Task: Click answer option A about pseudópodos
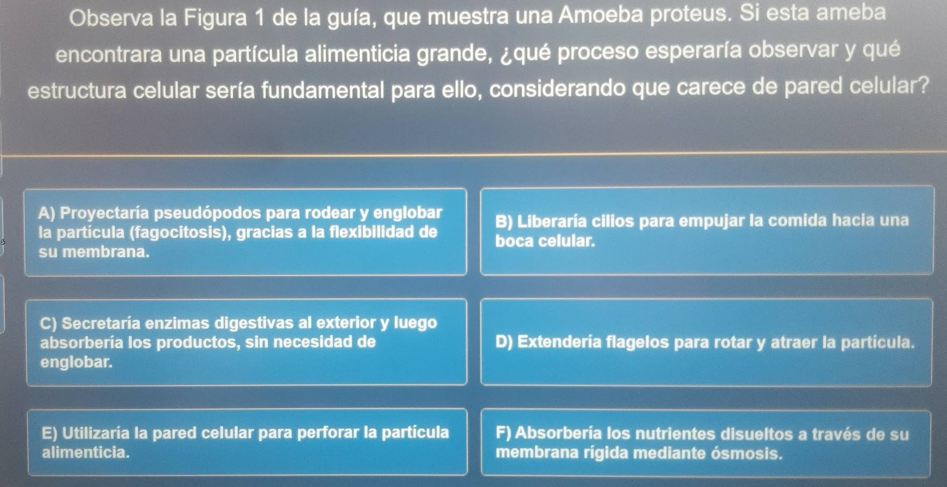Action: pyautogui.click(x=245, y=232)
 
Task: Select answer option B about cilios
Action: pyautogui.click(x=707, y=230)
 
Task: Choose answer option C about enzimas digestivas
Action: pyautogui.click(x=247, y=342)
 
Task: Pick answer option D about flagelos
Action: pyautogui.click(x=706, y=342)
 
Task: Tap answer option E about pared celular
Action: pyautogui.click(x=248, y=442)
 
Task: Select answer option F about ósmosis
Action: pyautogui.click(x=706, y=443)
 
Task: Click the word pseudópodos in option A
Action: pyautogui.click(x=207, y=214)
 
